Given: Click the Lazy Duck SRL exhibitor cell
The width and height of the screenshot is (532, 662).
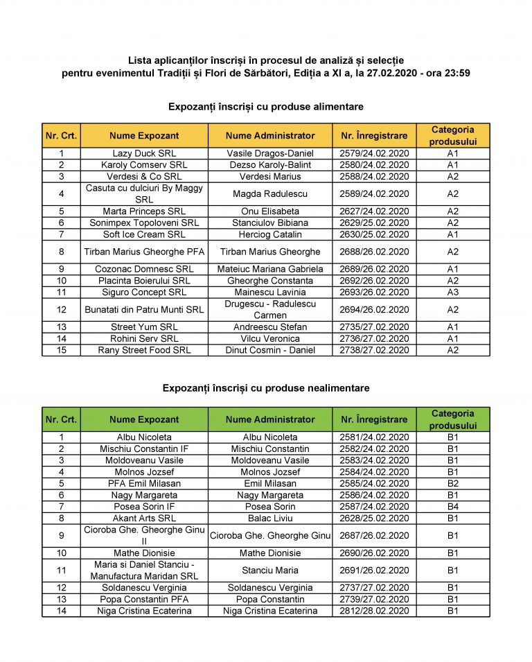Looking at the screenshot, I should coord(144,153).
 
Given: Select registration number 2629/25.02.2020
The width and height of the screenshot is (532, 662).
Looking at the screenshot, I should coord(374,223).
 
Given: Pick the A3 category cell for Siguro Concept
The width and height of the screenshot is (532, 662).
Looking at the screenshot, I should coord(452,292).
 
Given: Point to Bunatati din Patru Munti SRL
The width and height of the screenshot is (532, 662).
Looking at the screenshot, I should coord(144,309).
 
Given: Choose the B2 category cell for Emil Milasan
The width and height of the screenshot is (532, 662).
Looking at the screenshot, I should coord(452,483).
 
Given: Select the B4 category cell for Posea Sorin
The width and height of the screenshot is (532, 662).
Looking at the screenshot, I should coord(452,507).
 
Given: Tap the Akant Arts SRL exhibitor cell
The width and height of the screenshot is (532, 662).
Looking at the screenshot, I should coord(144,518).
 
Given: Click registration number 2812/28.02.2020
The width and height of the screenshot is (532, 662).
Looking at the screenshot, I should coord(374,611).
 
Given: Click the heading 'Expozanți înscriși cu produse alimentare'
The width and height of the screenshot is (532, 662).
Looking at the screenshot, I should coord(266,107).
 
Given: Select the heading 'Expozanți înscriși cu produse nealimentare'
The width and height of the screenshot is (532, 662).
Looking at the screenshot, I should coord(266,388).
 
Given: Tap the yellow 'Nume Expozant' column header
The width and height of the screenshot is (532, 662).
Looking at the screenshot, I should coord(144,136).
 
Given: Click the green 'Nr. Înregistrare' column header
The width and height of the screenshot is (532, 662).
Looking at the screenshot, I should coord(374,419).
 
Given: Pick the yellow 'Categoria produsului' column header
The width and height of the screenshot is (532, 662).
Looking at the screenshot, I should coord(452,136).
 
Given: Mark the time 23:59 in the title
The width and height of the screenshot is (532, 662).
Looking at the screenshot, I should coord(456,72).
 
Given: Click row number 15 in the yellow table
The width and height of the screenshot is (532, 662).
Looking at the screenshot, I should coord(62,350).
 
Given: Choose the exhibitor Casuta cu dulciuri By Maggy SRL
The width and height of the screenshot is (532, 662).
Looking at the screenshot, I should coord(144,193).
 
